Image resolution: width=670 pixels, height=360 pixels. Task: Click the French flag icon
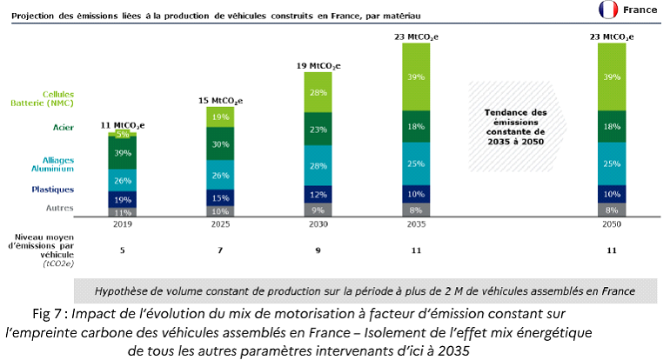click(608, 10)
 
